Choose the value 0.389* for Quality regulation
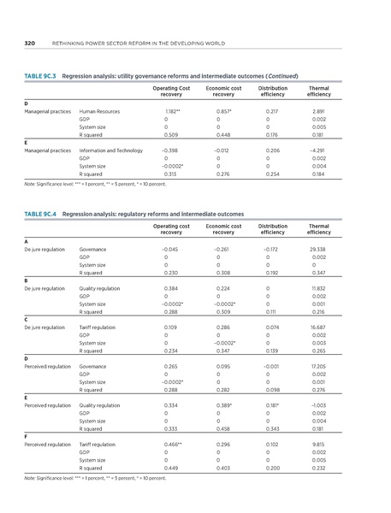(223, 405)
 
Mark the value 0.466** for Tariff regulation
(171, 445)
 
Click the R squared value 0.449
(171, 469)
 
